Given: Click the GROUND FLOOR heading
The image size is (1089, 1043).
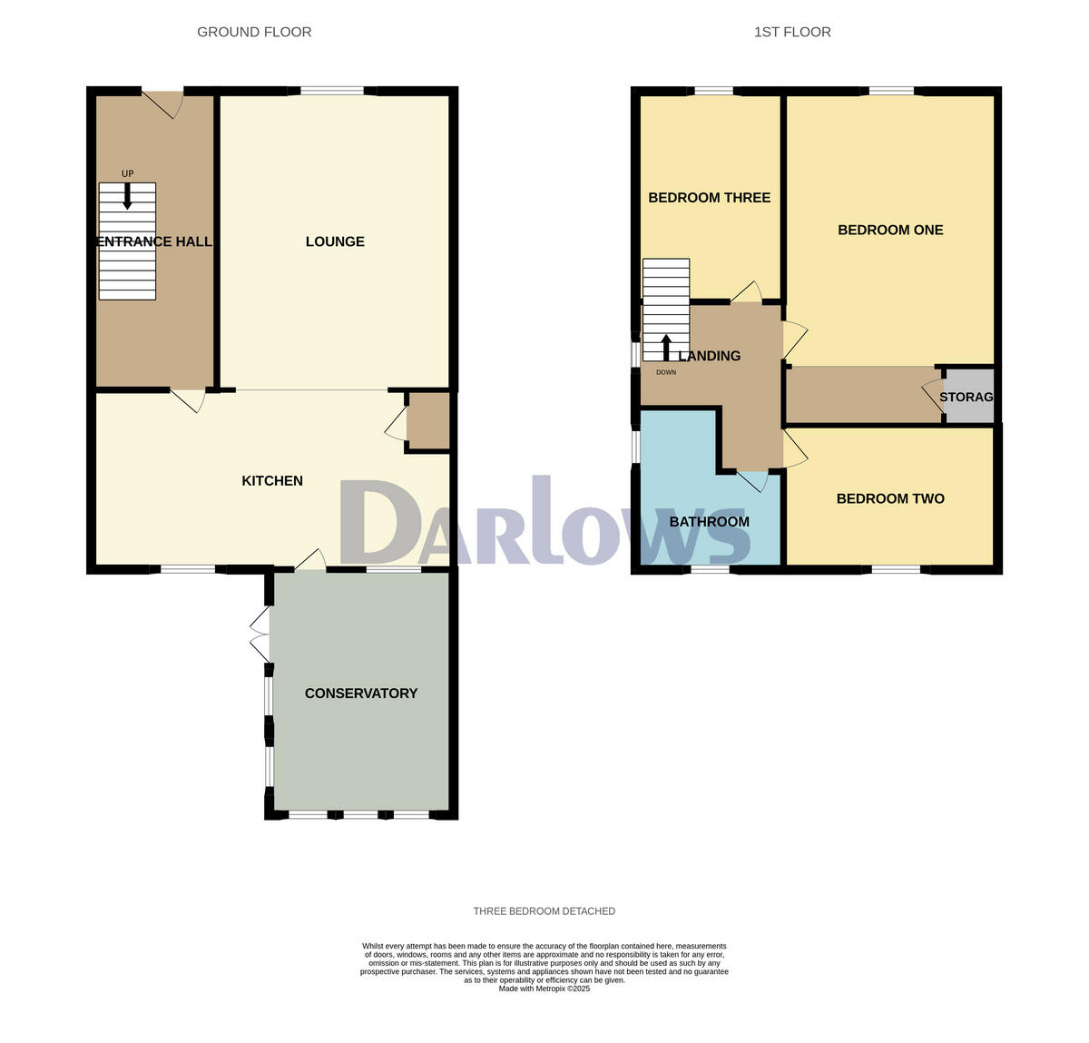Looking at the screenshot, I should [254, 32].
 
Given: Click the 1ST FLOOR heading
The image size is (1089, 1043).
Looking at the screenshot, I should [792, 32].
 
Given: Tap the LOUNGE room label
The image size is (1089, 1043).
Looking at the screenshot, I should [335, 241].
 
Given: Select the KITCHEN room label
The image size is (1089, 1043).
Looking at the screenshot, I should [272, 480].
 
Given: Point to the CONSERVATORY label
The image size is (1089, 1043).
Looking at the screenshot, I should [361, 694].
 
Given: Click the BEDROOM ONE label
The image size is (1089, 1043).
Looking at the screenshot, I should [890, 231].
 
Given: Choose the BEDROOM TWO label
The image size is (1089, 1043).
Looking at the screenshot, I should [890, 498].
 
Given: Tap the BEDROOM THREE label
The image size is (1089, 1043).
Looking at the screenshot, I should [709, 198].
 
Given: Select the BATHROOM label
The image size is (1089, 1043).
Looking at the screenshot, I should [709, 522].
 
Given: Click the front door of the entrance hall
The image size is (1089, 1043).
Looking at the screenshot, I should [162, 103].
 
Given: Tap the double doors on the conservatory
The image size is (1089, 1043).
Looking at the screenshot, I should [260, 635].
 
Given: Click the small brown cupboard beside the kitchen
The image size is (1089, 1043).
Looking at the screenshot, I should [428, 421].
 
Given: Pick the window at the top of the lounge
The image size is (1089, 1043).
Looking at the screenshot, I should [331, 90].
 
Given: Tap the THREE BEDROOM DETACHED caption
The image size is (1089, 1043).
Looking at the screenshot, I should [544, 911].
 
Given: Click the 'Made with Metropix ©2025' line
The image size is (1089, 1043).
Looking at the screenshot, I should [544, 989].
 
